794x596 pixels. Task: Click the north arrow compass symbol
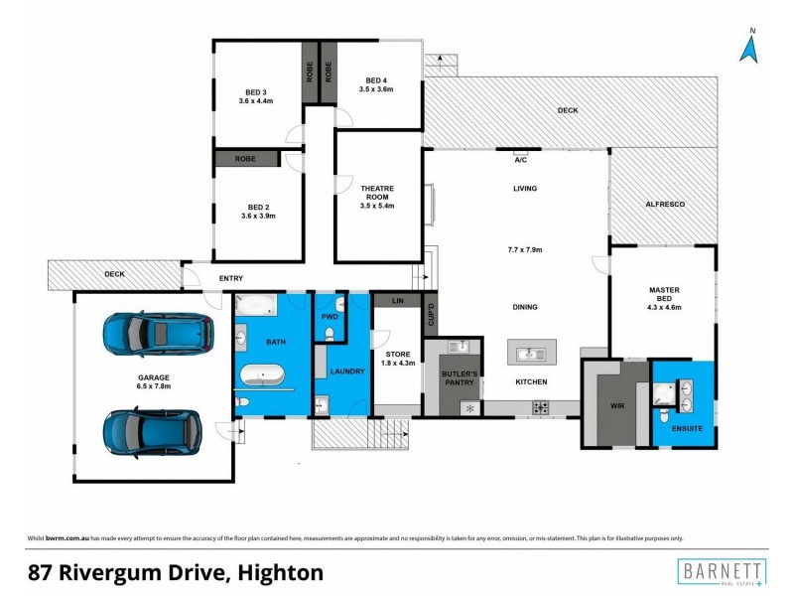tap(751, 46)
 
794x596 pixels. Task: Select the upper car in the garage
tap(159, 335)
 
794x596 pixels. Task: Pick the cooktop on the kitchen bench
tap(542, 407)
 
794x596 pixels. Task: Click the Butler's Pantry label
tap(460, 378)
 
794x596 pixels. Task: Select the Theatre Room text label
tap(377, 193)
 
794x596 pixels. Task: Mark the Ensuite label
tap(687, 428)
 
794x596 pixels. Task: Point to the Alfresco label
tap(664, 204)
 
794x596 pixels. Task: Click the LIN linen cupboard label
tap(397, 300)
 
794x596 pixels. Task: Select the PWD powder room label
tap(330, 317)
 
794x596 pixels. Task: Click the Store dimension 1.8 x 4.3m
tap(397, 363)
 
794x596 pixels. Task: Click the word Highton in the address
tap(280, 572)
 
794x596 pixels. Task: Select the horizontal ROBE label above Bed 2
tap(245, 158)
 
